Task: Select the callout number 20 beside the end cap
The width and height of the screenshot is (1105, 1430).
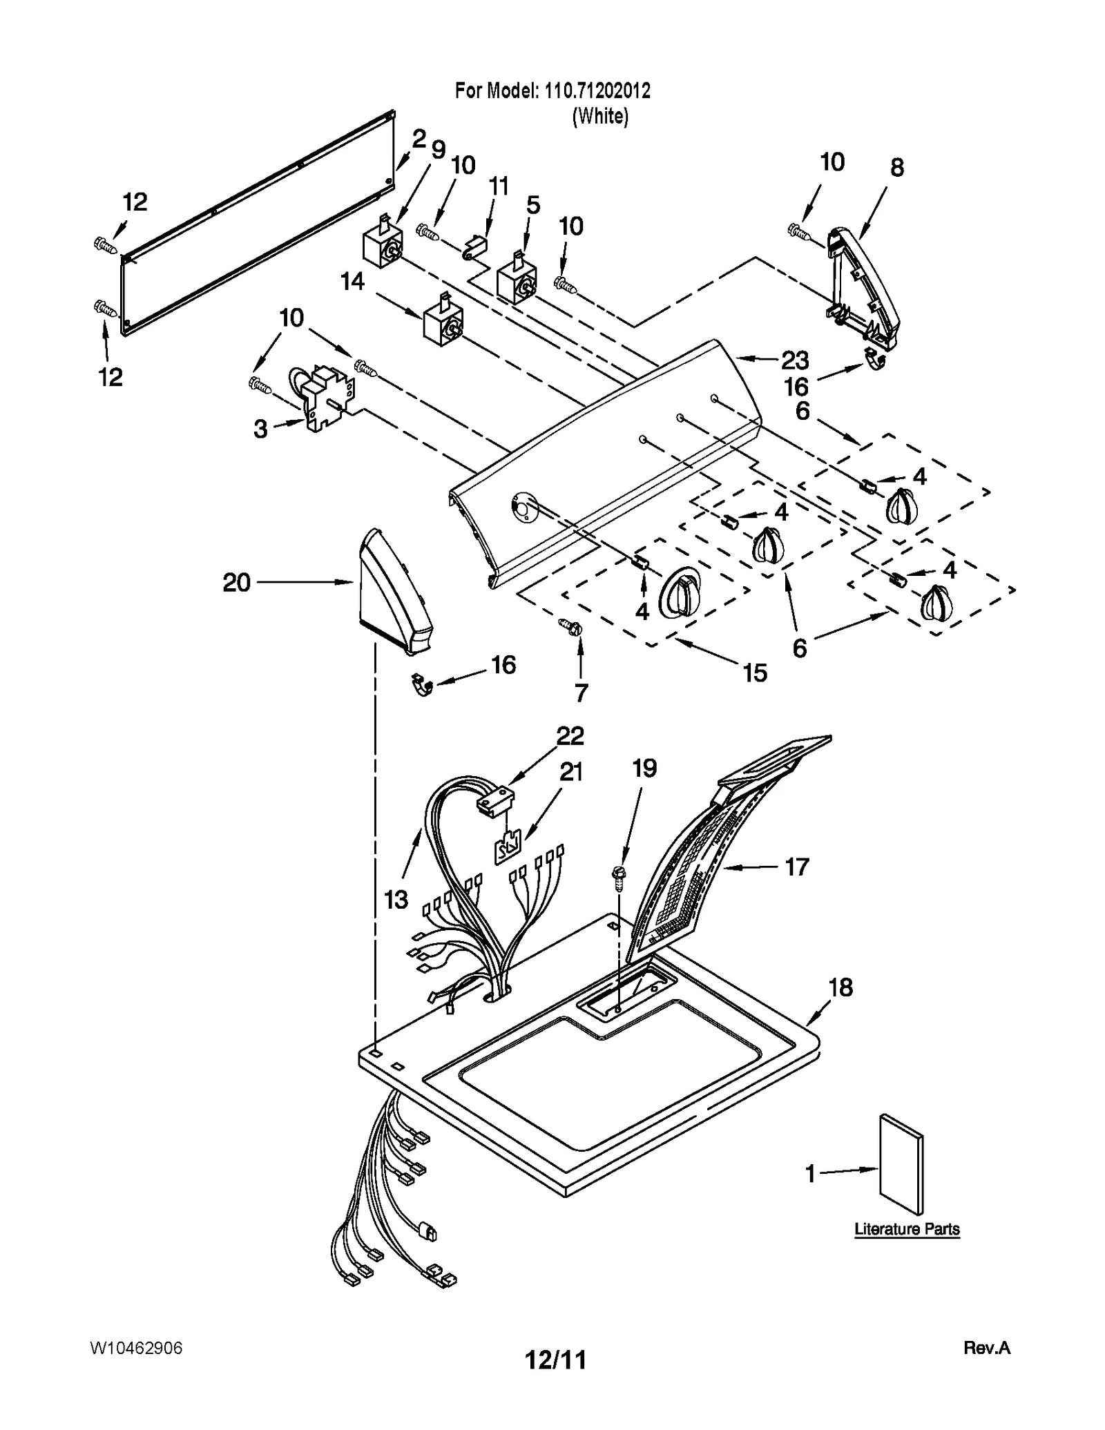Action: click(236, 583)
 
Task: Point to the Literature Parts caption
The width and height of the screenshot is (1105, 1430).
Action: click(907, 1229)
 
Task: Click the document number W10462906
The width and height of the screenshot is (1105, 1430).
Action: click(136, 1348)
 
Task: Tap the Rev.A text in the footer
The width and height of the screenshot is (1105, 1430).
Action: click(986, 1347)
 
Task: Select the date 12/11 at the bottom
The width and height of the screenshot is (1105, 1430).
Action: click(555, 1360)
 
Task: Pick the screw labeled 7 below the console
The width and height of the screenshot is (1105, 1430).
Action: click(573, 626)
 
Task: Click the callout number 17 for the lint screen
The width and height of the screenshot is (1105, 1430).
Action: click(797, 867)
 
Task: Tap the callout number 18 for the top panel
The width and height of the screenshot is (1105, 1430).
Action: click(840, 988)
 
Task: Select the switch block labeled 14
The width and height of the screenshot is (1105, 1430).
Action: click(442, 320)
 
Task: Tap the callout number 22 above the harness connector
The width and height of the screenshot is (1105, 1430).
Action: click(570, 736)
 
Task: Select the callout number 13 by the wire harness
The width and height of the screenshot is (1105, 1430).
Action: click(396, 899)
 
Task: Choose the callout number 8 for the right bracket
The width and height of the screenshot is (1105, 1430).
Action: click(896, 168)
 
